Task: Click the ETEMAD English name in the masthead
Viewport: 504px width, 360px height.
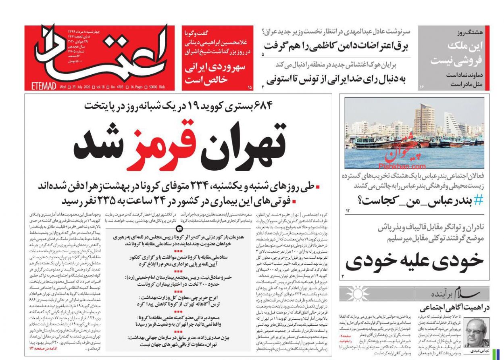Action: tap(44, 86)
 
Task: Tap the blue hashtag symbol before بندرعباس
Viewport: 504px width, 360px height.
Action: tap(478, 200)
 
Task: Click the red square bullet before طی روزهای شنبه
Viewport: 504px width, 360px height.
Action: tap(317, 187)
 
